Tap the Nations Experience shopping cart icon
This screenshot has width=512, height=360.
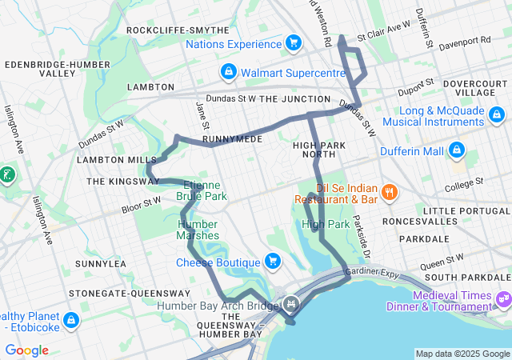tap(293, 42)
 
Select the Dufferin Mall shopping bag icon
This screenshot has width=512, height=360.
tap(457, 150)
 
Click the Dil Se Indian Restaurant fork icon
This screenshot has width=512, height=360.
tap(389, 191)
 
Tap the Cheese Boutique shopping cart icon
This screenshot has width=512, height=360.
tap(273, 261)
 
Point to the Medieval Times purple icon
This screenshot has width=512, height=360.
tap(503, 299)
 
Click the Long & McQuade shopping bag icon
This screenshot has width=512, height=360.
tap(498, 115)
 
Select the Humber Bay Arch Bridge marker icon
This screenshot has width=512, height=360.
tap(291, 304)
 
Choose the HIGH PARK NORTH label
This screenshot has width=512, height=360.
tap(318, 150)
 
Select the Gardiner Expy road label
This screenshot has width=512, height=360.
tap(373, 273)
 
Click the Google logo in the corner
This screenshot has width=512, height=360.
tap(26, 350)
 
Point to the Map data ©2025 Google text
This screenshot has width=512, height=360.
tap(462, 354)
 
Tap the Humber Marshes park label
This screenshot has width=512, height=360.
tap(198, 230)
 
